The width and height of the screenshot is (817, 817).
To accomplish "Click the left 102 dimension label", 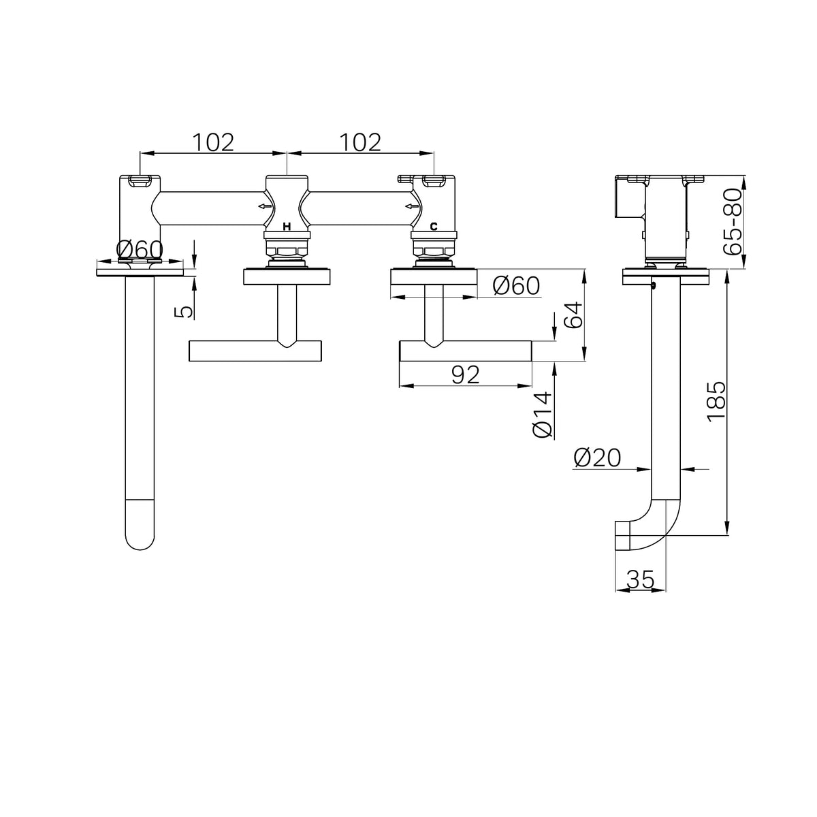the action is pos(213,142).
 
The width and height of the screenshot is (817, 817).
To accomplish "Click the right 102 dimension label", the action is pos(360,142).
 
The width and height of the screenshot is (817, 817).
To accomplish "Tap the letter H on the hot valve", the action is pos(287,227).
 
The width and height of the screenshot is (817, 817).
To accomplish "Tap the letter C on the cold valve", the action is pos(433,227).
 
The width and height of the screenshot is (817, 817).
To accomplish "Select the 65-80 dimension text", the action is pos(733,221).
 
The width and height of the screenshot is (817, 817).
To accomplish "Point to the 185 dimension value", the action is pos(716,402).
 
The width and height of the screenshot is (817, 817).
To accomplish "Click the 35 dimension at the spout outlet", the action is pos(641,579).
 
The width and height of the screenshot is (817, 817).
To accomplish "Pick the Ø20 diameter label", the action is pos(597,458).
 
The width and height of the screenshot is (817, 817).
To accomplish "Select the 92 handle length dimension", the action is pos(466,374).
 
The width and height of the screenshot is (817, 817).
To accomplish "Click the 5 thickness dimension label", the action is pos(184,312).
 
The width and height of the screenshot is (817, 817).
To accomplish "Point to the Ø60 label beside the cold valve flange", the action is pos(516,286).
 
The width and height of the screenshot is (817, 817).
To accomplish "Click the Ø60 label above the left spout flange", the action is pos(140,250).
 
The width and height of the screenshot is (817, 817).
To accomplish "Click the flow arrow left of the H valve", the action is pos(265,206).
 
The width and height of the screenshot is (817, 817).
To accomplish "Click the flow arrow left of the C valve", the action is pos(412,206).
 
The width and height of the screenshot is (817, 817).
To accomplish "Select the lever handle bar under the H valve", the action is pos(255,351).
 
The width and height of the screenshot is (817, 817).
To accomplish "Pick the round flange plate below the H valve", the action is pos(287,276).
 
